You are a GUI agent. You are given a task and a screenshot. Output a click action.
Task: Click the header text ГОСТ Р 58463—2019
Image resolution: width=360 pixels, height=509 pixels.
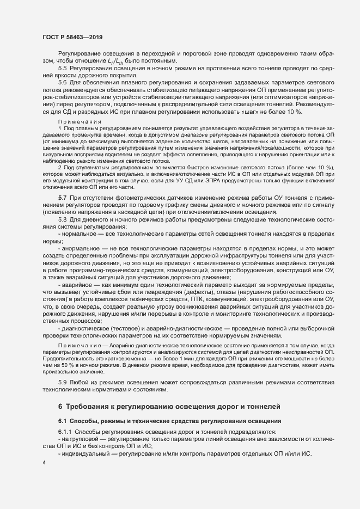pyautogui.click(x=72, y=37)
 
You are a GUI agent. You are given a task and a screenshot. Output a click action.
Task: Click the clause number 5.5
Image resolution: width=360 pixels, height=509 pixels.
pyautogui.click(x=63, y=69)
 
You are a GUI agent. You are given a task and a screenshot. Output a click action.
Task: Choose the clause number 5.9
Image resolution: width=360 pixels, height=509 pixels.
pyautogui.click(x=63, y=383)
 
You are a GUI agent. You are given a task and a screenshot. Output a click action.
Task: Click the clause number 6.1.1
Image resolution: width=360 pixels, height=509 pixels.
pyautogui.click(x=66, y=432)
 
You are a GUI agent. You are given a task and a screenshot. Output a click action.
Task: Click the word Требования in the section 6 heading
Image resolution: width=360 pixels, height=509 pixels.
pyautogui.click(x=90, y=407)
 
